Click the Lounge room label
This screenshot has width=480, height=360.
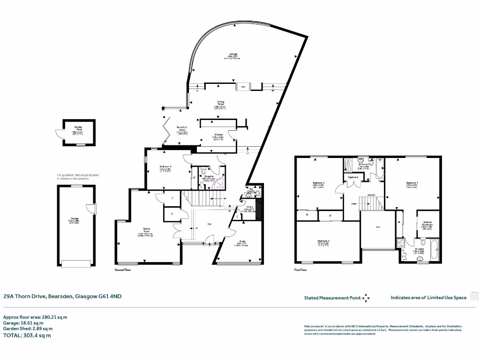233,54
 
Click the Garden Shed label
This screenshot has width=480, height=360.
77,127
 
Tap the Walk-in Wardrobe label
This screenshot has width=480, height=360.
427,226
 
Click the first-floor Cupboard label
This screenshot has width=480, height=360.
353,177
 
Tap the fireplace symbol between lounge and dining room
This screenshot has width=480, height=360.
243,87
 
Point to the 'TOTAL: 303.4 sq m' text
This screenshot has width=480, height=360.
27,335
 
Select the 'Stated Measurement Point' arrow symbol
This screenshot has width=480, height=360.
366,298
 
